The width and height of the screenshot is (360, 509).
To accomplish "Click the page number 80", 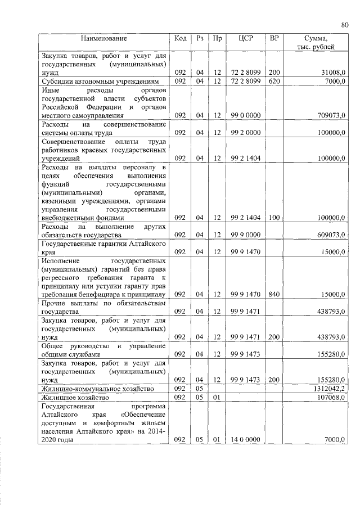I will (x=345, y=24).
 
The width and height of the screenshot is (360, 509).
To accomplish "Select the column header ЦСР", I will (x=245, y=38).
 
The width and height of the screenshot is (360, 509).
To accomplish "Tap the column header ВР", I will (x=274, y=38).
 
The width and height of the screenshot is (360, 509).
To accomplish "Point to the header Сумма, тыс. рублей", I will (x=316, y=42).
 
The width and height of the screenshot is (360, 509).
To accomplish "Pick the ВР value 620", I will (x=274, y=82).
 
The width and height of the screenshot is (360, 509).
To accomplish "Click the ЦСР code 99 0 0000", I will (x=245, y=115).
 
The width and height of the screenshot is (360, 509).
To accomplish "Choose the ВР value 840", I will (x=274, y=294).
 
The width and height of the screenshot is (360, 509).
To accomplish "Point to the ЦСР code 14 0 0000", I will (x=245, y=439).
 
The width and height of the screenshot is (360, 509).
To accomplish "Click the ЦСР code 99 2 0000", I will (x=245, y=132).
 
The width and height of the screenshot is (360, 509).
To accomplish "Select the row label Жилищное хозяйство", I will (x=73, y=397).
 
